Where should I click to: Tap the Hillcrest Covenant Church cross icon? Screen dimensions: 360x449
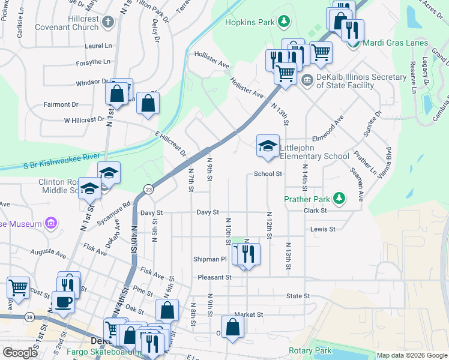tap(107, 23)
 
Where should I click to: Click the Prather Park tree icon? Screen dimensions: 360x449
tap(339, 198)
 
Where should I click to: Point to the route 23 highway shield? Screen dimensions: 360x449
tap(147, 190)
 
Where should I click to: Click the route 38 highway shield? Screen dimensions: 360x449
tap(29, 317)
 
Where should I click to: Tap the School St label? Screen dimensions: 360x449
tap(268, 174)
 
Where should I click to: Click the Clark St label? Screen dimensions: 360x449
tap(315, 211)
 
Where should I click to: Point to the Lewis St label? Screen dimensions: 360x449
tap(322, 229)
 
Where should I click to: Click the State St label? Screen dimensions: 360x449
tap(297, 296)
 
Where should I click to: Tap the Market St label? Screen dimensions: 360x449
tap(249, 314)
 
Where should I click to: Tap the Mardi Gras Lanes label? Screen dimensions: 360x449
tap(396, 43)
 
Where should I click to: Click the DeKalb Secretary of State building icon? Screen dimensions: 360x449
tap(307, 80)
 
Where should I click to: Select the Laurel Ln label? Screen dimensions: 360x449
tap(98, 46)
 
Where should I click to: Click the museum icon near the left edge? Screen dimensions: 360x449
tap(51, 224)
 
